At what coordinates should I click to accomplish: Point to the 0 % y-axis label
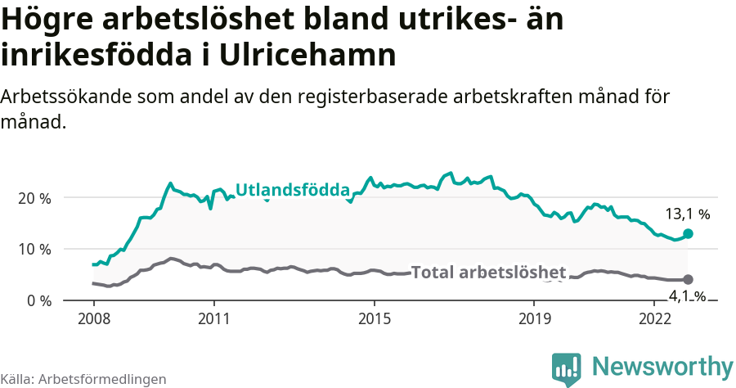click(38, 300)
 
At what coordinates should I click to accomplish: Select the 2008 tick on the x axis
click(93, 318)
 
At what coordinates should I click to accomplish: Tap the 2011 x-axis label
click(213, 318)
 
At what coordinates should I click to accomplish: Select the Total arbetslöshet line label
click(488, 273)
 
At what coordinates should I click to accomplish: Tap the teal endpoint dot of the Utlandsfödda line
click(688, 233)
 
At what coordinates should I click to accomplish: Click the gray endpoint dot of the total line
click(688, 280)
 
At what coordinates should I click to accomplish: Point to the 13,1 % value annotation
click(687, 214)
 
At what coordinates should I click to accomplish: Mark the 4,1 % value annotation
click(687, 296)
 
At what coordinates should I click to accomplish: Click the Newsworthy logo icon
click(567, 369)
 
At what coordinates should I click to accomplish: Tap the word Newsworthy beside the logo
click(662, 366)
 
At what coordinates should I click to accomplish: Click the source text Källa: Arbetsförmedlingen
click(83, 379)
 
